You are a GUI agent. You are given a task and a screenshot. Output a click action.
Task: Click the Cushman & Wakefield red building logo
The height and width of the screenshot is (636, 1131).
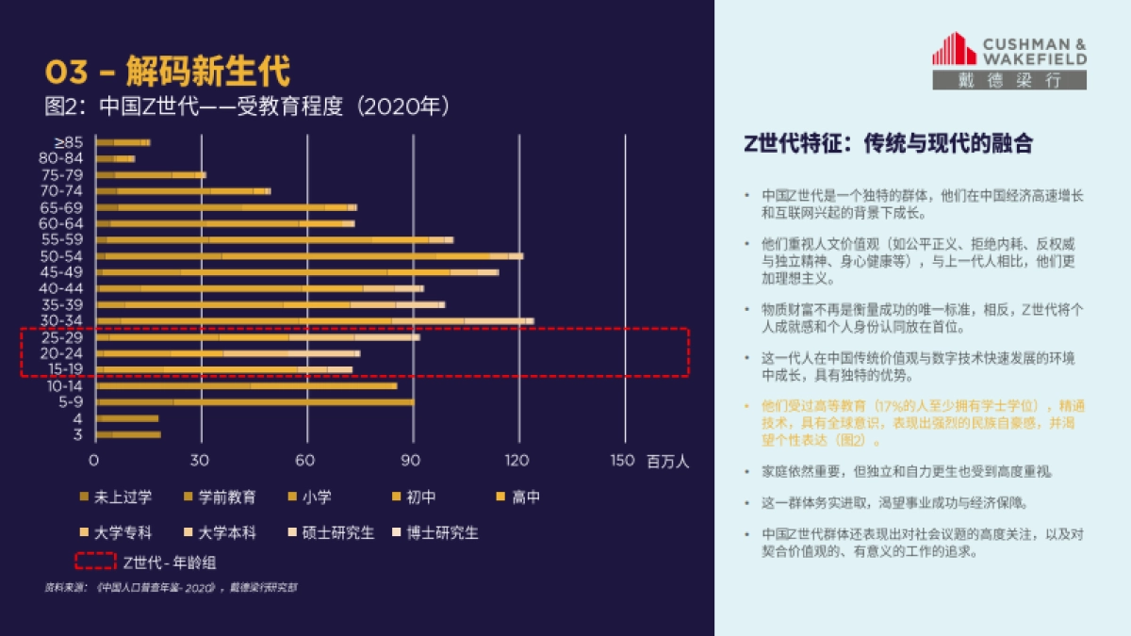pyautogui.click(x=954, y=49)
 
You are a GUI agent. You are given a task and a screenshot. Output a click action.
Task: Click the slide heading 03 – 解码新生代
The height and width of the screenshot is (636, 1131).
pyautogui.click(x=168, y=71)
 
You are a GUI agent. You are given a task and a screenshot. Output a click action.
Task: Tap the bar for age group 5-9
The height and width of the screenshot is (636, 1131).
pyautogui.click(x=254, y=402)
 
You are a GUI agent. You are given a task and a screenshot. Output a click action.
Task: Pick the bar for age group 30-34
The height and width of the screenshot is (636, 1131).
pyautogui.click(x=315, y=321)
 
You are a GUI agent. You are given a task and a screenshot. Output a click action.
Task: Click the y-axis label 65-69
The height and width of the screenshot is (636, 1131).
pyautogui.click(x=62, y=207)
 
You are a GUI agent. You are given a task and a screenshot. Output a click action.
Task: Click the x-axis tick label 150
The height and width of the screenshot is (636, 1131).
pyautogui.click(x=623, y=461)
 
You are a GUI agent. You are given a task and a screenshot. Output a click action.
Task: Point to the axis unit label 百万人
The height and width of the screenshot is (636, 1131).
pyautogui.click(x=668, y=462)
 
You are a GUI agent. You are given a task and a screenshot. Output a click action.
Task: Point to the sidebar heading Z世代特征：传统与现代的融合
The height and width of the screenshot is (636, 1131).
pyautogui.click(x=888, y=143)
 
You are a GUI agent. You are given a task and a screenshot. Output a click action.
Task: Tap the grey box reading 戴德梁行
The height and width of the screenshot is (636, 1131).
pyautogui.click(x=1009, y=80)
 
